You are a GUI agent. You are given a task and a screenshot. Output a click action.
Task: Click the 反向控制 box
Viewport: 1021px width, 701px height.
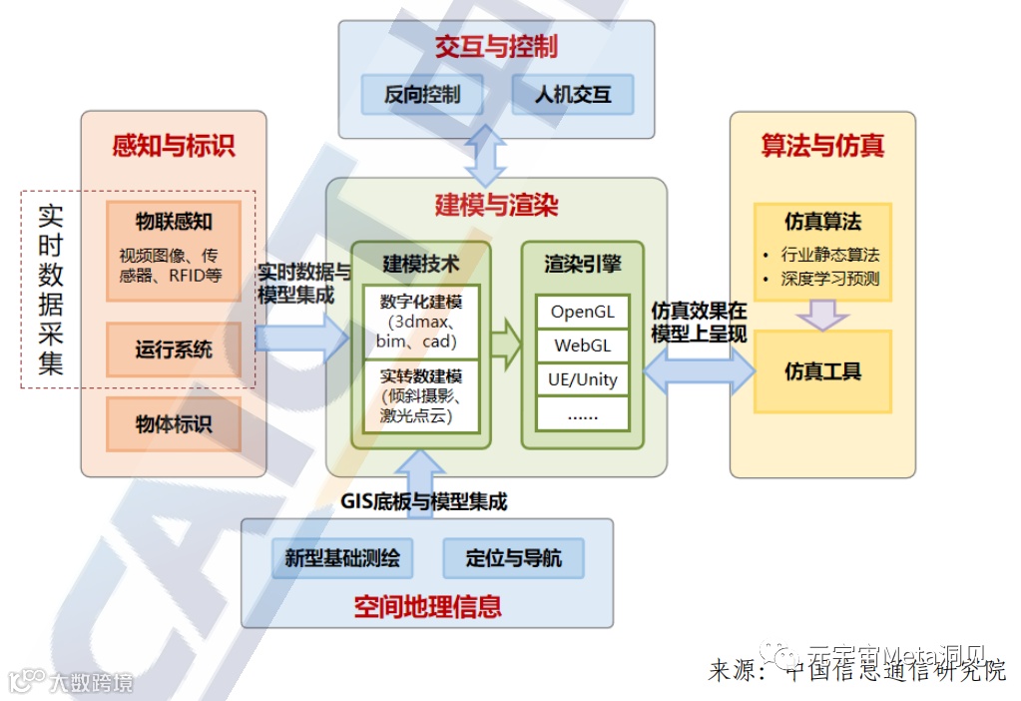[x=422, y=96]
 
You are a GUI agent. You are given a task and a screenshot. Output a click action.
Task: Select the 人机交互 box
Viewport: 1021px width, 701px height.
[x=573, y=96]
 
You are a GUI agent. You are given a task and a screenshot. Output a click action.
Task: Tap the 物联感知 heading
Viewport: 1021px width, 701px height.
[x=174, y=221]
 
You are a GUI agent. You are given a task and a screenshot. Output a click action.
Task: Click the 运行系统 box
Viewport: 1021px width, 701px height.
[x=174, y=350]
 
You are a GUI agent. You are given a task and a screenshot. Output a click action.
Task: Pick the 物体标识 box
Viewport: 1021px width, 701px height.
[x=174, y=423]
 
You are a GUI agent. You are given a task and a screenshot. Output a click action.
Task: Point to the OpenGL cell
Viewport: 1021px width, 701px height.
[x=583, y=312]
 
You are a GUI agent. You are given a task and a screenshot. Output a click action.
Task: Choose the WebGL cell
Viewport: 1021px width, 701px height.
[x=583, y=347]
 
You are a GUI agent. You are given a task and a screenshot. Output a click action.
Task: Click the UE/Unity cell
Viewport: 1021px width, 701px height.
[x=583, y=379]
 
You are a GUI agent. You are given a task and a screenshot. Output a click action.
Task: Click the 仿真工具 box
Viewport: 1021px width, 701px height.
[x=822, y=371]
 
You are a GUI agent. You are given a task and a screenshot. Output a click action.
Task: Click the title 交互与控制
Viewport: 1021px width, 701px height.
[x=496, y=47]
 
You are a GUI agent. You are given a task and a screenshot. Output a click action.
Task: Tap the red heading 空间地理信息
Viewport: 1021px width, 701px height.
[x=427, y=605]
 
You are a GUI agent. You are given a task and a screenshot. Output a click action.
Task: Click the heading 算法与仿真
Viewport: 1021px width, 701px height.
[x=822, y=146]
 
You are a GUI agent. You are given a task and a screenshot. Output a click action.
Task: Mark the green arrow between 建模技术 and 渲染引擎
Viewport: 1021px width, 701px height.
[x=506, y=345]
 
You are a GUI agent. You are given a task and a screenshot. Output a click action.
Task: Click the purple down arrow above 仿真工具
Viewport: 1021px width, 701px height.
[x=822, y=316]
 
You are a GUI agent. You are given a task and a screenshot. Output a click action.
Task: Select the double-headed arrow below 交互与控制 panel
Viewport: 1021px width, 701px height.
[x=487, y=156]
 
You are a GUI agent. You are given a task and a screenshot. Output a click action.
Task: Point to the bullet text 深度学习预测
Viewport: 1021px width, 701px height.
[x=829, y=280]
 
